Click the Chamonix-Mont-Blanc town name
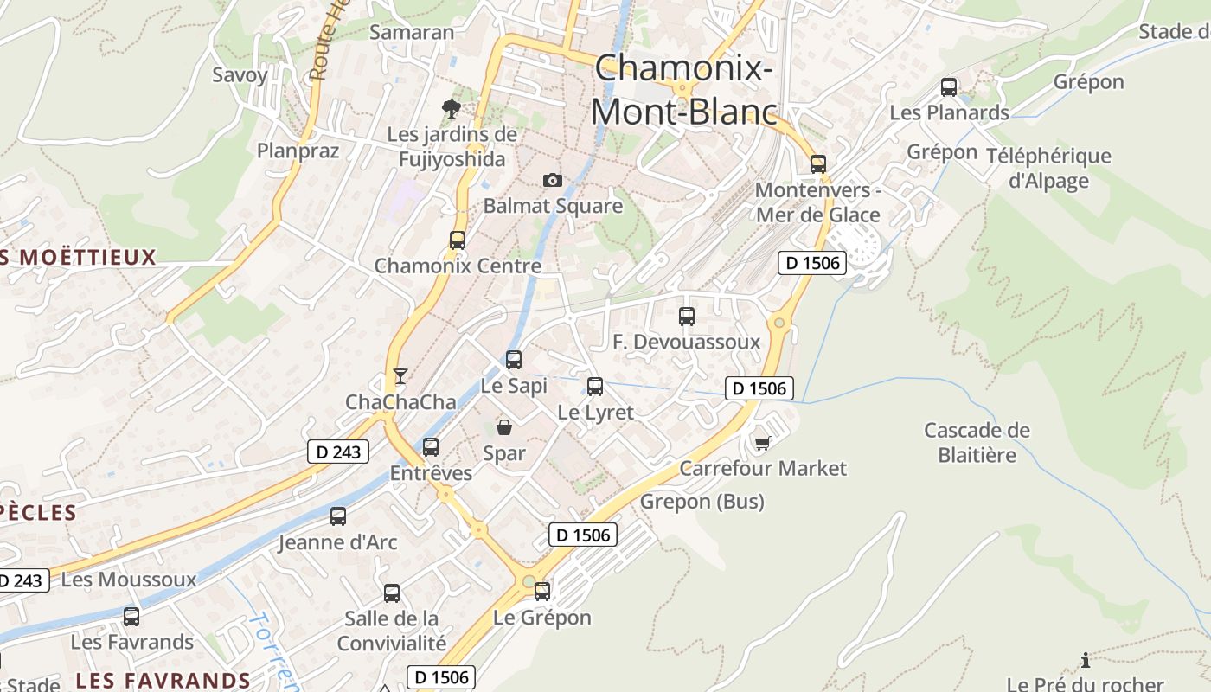pyautogui.click(x=683, y=90)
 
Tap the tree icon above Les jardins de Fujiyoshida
pyautogui.click(x=451, y=108)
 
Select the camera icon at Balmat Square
pyautogui.click(x=552, y=180)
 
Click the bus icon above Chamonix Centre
pyautogui.click(x=457, y=240)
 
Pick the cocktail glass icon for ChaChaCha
pyautogui.click(x=400, y=376)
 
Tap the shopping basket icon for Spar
pyautogui.click(x=503, y=427)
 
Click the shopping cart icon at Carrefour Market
pyautogui.click(x=762, y=443)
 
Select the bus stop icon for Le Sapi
pyautogui.click(x=514, y=359)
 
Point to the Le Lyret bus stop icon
pyautogui.click(x=595, y=387)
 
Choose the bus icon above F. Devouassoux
pyautogui.click(x=687, y=317)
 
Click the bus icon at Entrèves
pyautogui.click(x=431, y=447)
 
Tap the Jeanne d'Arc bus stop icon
pyautogui.click(x=338, y=516)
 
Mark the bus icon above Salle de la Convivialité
pyautogui.click(x=392, y=593)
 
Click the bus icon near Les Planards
pyautogui.click(x=949, y=87)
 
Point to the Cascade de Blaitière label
pyautogui.click(x=977, y=442)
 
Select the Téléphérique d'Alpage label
pyautogui.click(x=1048, y=168)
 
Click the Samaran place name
pyautogui.click(x=412, y=32)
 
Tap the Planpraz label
pyautogui.click(x=298, y=151)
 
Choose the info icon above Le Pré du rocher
pyautogui.click(x=1086, y=661)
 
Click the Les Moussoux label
pyautogui.click(x=129, y=579)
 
